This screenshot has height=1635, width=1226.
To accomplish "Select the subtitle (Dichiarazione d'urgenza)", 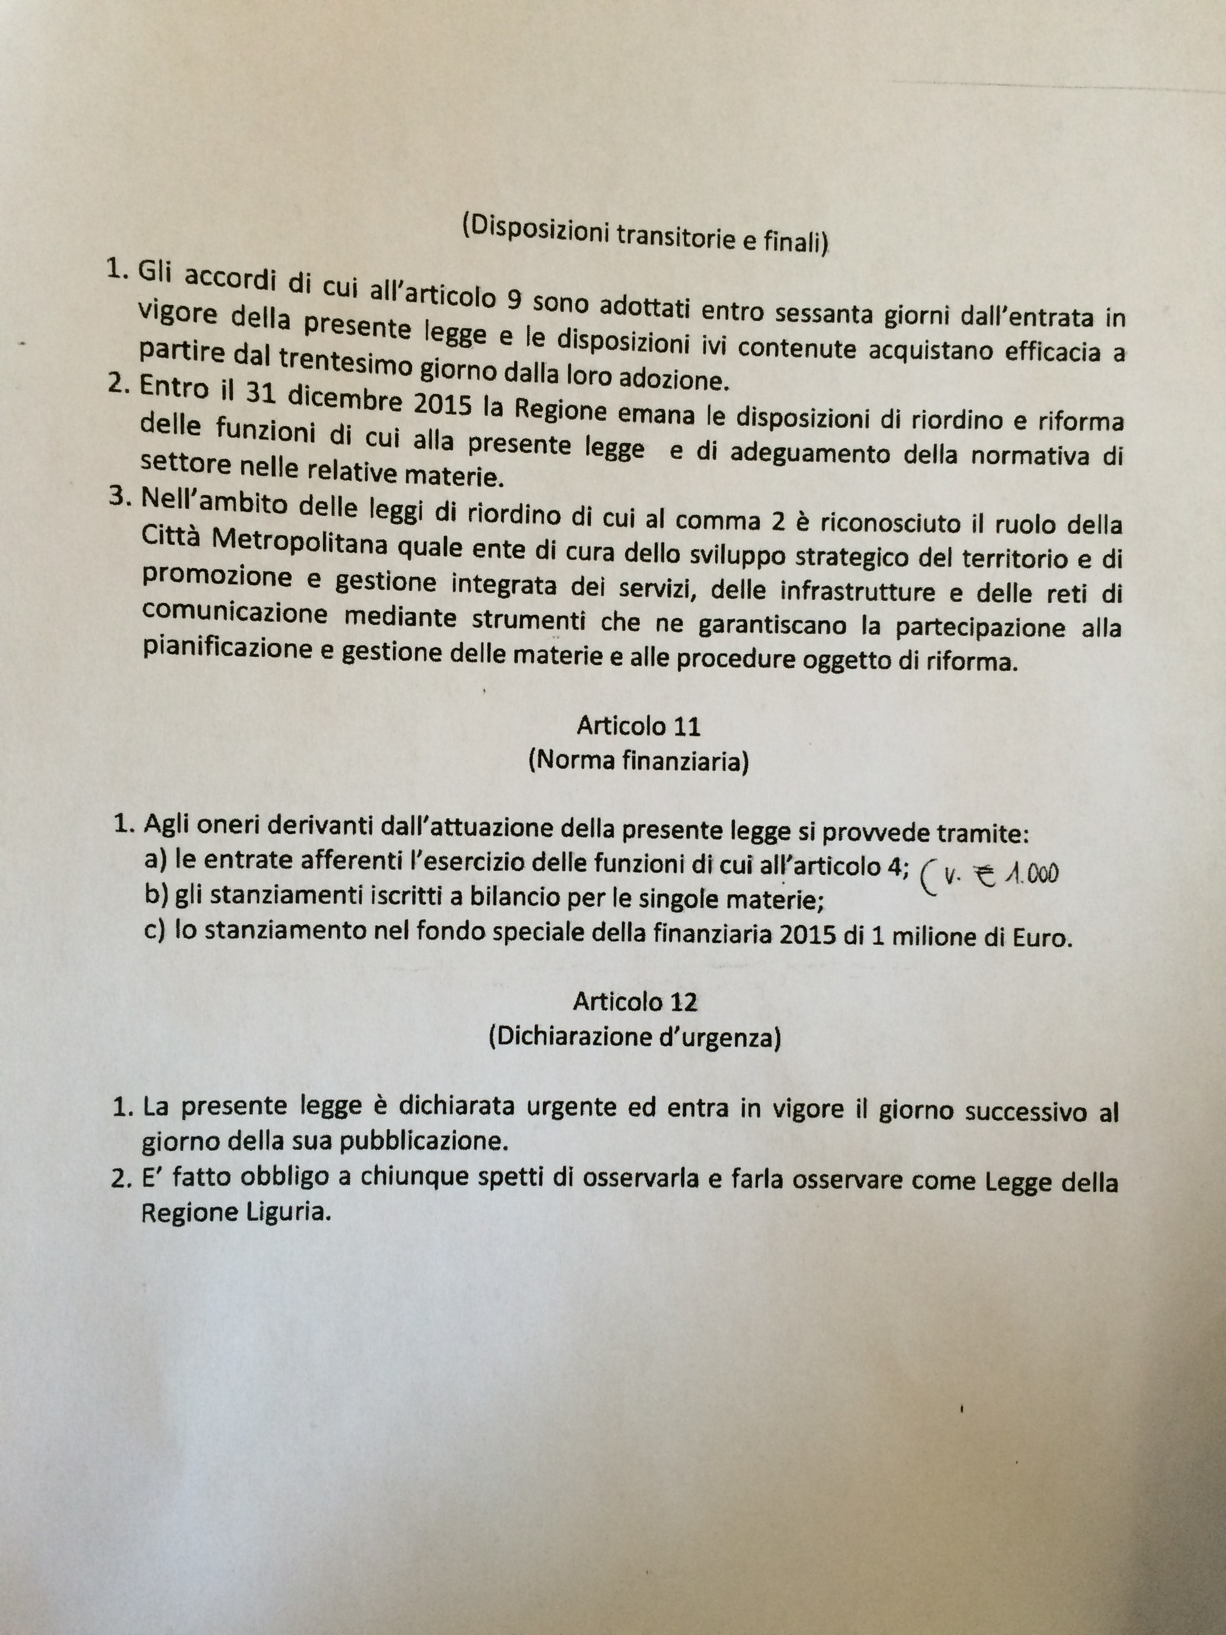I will coord(634,1038).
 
